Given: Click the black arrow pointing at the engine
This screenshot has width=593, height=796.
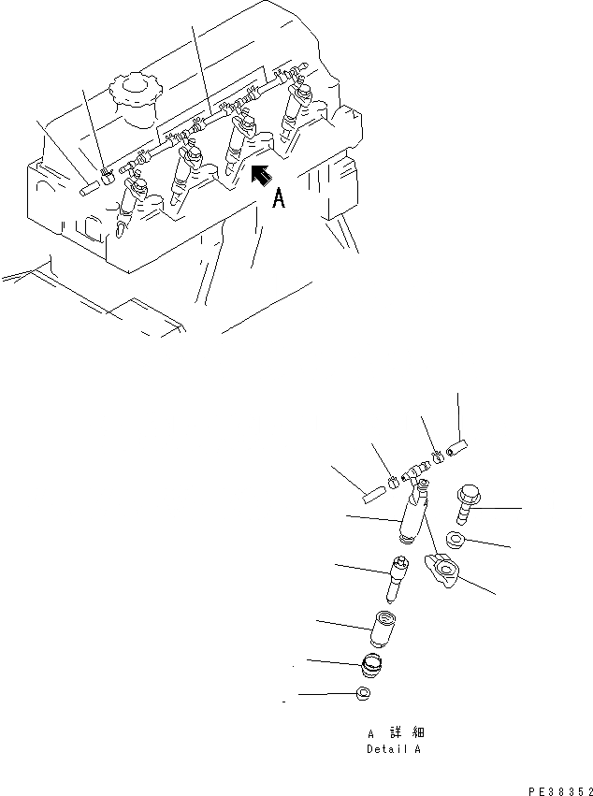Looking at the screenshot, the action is pos(262,175).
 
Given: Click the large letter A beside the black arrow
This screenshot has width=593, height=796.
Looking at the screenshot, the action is pos(278,198).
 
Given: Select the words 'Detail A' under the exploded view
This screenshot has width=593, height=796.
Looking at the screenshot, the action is pos(394,749).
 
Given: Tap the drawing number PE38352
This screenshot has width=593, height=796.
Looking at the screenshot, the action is pos(560,791).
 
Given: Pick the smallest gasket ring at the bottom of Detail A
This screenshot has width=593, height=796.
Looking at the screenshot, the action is pos(364,693).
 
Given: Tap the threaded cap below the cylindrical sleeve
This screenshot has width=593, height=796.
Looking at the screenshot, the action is pos(373,666).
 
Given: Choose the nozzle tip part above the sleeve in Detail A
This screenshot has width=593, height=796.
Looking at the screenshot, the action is pos(396,578).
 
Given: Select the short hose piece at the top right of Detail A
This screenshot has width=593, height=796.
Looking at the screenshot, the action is pos(457,449).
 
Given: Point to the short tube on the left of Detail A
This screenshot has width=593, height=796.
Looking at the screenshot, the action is pos(375,495).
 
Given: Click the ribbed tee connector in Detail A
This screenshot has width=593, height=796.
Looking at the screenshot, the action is pos(416,472).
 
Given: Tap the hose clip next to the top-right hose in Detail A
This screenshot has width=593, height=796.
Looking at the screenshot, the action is pos(438,456).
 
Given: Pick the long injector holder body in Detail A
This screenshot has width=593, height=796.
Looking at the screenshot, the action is pos(413,515).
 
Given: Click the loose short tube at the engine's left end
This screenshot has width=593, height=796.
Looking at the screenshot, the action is pos(90,189).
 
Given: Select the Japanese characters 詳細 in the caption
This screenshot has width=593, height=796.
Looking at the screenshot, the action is pos(407,732).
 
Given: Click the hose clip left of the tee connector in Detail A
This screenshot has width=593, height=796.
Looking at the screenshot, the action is pos(394,483).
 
